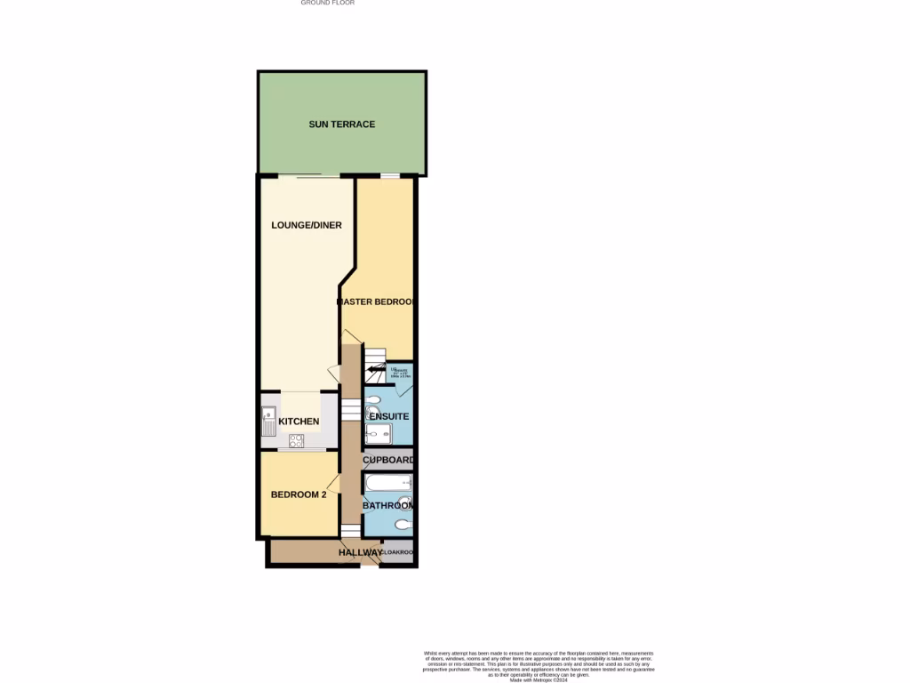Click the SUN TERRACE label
click(x=341, y=125)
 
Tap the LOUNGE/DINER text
click(x=307, y=226)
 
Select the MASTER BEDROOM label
click(x=377, y=302)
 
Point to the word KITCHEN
click(x=299, y=422)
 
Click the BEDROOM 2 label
click(x=299, y=495)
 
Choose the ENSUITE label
click(x=389, y=416)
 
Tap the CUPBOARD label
click(x=389, y=461)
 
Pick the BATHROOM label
click(x=389, y=506)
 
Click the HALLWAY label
click(x=360, y=553)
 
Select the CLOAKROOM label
click(x=399, y=553)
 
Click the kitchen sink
click(x=268, y=420)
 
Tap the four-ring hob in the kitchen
click(x=296, y=439)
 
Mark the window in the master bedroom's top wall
click(x=389, y=176)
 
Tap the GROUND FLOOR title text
click(x=327, y=4)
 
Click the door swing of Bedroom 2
click(x=334, y=483)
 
